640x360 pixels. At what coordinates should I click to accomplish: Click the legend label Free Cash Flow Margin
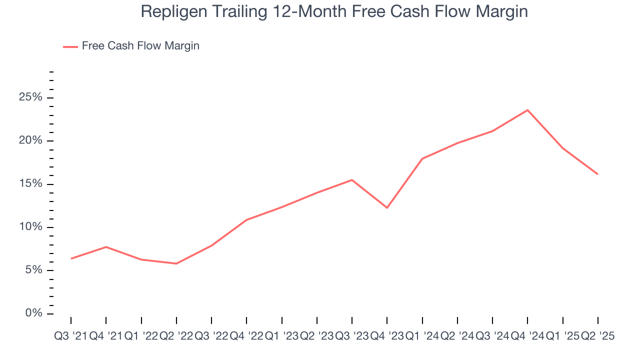[140, 46]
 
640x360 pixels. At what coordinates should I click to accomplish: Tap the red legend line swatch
[70, 46]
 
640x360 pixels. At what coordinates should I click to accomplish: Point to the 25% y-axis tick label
[30, 97]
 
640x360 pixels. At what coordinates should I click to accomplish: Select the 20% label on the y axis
[30, 141]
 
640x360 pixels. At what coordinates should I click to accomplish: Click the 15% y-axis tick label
[30, 184]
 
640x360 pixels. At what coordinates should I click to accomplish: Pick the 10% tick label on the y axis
[30, 227]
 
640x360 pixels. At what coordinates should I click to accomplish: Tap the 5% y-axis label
[33, 270]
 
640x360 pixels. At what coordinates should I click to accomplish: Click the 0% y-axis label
[33, 313]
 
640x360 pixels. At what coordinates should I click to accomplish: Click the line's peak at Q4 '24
[527, 110]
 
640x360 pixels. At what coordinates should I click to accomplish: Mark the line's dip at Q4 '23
[387, 207]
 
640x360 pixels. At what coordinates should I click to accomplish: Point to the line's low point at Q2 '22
[176, 263]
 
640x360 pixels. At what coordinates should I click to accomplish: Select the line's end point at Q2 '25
[598, 174]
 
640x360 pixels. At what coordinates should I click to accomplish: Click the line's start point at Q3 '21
[71, 258]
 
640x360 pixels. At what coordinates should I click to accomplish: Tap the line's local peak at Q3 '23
[352, 180]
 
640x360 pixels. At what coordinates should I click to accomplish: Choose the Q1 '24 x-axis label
[422, 336]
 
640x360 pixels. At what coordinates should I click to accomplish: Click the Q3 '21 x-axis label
[70, 336]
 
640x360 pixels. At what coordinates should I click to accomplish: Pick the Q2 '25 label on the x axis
[597, 336]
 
